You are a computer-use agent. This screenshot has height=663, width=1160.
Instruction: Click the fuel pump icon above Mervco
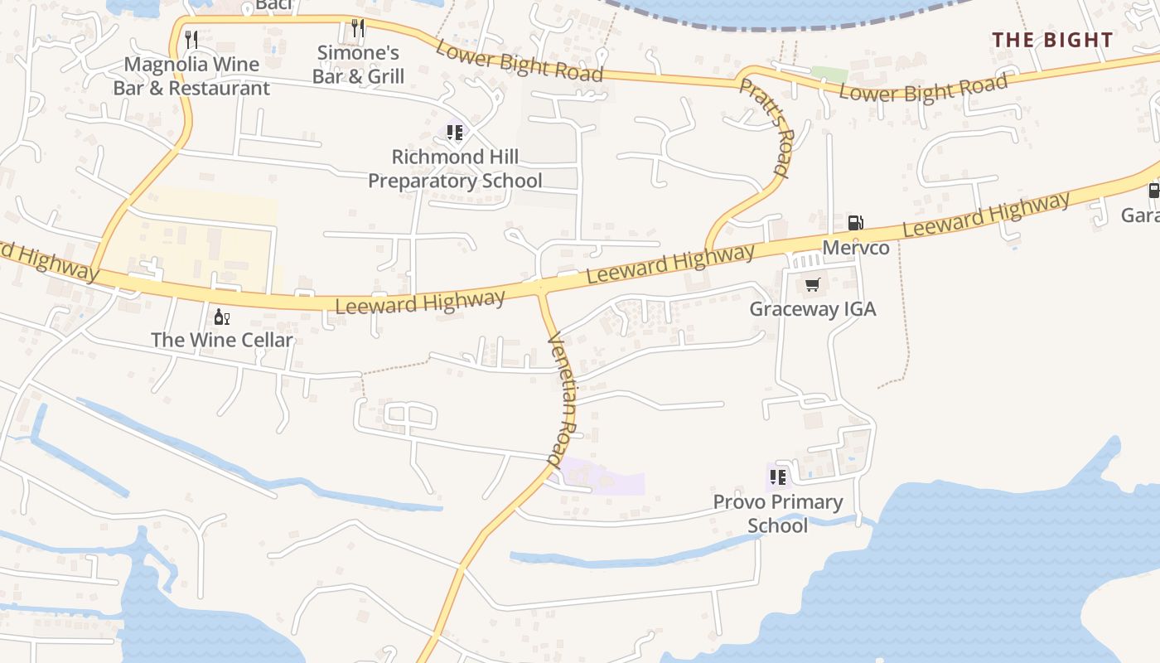(x=855, y=222)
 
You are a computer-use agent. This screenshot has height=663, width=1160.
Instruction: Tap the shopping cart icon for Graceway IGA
(x=812, y=284)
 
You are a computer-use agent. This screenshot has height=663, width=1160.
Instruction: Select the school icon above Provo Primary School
(x=777, y=477)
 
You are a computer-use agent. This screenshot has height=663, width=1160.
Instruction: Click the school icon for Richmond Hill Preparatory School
(x=454, y=132)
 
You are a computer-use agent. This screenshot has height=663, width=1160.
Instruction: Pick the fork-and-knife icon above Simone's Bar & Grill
(x=358, y=28)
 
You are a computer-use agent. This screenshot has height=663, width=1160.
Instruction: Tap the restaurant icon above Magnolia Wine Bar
(x=191, y=39)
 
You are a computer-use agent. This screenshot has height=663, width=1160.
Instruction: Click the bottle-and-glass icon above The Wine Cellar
(x=221, y=317)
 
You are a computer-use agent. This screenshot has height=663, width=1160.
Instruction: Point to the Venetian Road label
(x=563, y=397)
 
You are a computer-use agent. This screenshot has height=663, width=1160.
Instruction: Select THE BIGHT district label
(x=1052, y=40)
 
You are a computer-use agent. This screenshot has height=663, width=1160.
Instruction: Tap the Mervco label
(x=856, y=248)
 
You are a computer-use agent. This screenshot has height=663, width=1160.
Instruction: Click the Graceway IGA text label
(x=812, y=309)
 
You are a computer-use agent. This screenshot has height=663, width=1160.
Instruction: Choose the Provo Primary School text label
(x=778, y=514)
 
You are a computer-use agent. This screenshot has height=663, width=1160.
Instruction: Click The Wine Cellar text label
(x=222, y=340)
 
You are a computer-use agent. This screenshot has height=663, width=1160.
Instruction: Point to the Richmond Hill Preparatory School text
(x=455, y=169)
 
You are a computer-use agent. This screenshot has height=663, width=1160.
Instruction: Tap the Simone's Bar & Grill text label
(x=359, y=65)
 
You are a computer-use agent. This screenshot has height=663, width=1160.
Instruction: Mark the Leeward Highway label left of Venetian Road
(x=420, y=302)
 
